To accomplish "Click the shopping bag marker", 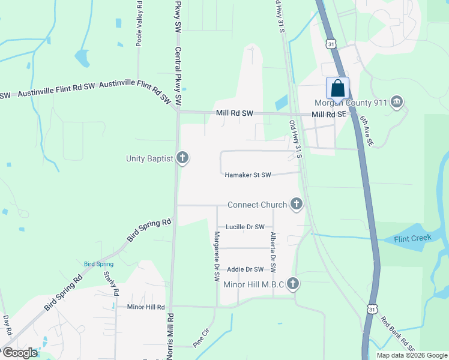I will point(337,88).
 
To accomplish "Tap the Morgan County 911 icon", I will point(396,103).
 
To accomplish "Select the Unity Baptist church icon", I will point(182,158).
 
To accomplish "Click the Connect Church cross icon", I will point(295,205).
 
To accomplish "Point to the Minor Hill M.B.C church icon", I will point(292,283).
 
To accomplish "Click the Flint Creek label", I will point(413,238).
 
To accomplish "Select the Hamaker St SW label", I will point(248,175).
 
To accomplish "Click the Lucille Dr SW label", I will point(245,227).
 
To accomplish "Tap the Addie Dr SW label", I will point(245,269).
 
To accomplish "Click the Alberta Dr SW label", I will point(273,254).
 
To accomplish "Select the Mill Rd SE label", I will point(328,114).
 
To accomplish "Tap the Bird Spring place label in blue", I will point(98,264).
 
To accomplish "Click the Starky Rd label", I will point(111,283).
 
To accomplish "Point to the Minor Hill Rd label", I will point(146,307).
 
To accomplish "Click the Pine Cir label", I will point(200,341).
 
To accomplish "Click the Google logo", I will point(20,353).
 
